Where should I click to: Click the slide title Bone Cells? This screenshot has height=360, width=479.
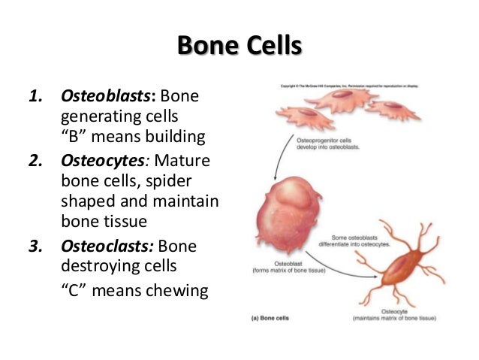click(x=239, y=44)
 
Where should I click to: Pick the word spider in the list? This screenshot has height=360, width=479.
click(x=188, y=183)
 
